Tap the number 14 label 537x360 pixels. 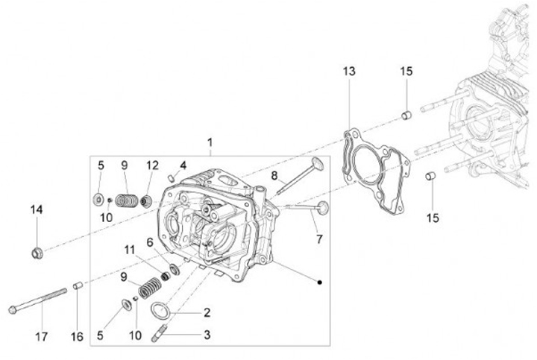click(37, 210)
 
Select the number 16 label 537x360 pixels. click(77, 336)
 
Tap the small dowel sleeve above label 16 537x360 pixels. click(76, 285)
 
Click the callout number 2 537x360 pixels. click(207, 313)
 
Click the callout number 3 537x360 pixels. click(207, 335)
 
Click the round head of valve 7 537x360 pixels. click(323, 209)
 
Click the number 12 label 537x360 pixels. click(152, 165)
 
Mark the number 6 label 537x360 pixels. click(150, 242)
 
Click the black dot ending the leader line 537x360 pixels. click(319, 282)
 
